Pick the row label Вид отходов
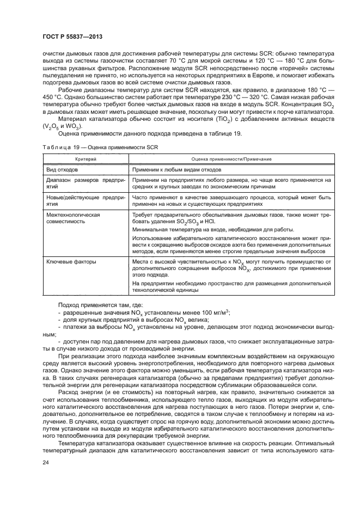click(x=63, y=169)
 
